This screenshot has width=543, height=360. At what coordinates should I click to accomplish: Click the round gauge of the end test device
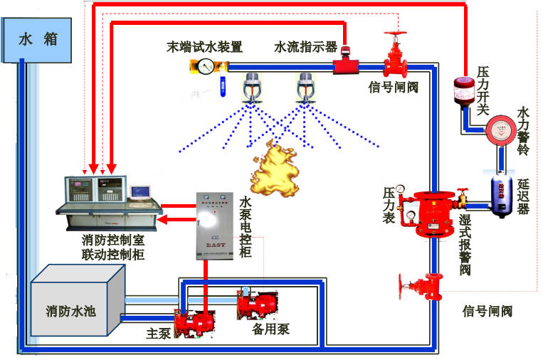[206, 68]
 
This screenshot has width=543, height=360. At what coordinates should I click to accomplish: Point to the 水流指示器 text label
[305, 47]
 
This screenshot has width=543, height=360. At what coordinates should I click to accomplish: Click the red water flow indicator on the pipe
[347, 65]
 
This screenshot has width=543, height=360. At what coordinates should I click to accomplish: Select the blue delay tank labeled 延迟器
[502, 191]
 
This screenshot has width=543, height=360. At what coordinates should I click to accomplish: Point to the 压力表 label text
[389, 205]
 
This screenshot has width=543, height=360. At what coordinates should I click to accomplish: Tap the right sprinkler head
[306, 90]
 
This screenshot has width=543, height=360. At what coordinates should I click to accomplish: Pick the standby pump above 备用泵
[255, 305]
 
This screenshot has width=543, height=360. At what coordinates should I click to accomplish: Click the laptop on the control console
[140, 192]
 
